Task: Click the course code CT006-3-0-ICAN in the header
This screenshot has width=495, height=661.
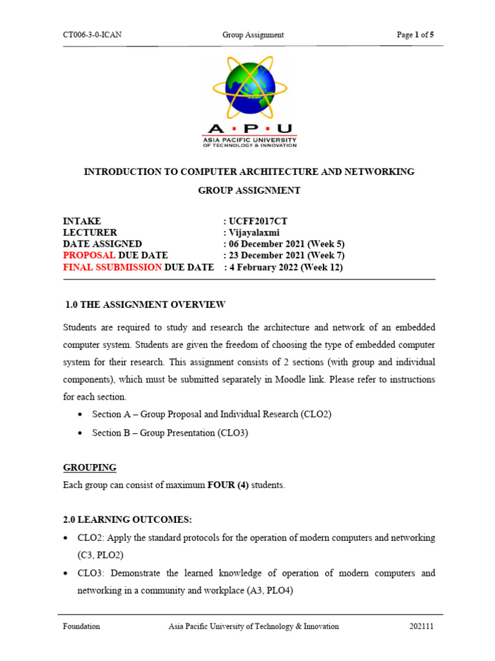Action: coord(92,35)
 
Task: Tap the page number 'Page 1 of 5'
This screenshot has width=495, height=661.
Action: coord(415,35)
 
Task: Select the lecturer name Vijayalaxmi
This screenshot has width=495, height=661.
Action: coord(253,232)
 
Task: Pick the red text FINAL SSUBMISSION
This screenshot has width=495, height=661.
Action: coord(113,267)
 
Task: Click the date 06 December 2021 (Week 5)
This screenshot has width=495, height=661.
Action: coord(284,244)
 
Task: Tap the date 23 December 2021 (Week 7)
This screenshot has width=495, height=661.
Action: coord(284,256)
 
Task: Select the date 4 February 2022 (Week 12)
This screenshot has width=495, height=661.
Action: coord(284,267)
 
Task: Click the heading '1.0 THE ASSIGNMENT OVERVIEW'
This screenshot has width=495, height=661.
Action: coord(146,305)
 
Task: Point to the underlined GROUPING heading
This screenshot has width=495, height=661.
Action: coord(90,467)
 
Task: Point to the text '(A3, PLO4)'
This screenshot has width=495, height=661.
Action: coord(271,589)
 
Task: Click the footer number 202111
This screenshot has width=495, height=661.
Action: coord(422,626)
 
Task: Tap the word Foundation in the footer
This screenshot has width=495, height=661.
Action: coord(81,626)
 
